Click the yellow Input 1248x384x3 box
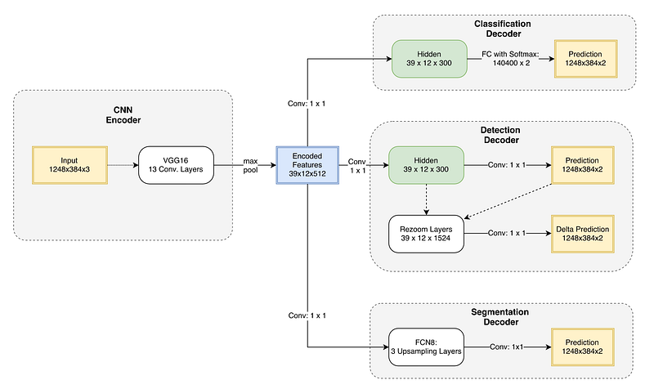69,165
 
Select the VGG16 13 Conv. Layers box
176,165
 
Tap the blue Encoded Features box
307,165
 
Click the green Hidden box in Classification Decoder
429,59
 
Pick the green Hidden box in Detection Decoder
426,165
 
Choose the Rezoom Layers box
426,234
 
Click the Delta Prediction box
583,234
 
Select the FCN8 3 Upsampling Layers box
426,347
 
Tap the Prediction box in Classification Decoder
585,59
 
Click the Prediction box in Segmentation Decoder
583,347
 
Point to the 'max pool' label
251,166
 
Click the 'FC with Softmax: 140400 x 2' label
511,59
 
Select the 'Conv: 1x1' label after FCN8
506,347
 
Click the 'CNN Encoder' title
123,115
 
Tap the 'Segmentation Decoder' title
500,317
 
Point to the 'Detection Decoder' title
500,135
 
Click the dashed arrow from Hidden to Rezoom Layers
426,199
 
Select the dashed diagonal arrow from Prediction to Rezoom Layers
508,201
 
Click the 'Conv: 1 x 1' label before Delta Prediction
507,234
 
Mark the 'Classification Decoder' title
503,29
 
